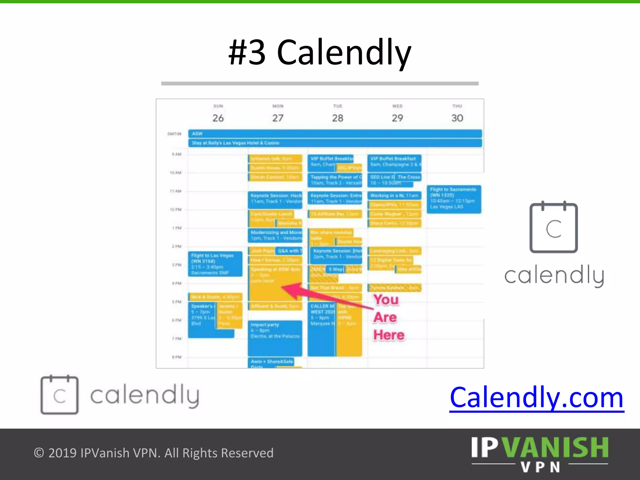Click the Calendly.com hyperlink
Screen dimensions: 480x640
click(537, 398)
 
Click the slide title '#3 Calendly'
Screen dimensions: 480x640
click(320, 52)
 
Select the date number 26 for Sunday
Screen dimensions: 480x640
click(218, 118)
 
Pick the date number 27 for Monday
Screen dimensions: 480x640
click(277, 118)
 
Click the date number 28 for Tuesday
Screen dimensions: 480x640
click(337, 118)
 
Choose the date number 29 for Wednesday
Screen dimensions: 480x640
click(397, 118)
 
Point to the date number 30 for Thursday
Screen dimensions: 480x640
click(457, 118)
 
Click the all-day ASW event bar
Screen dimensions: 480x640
click(335, 134)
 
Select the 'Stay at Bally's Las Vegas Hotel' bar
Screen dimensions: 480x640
click(335, 143)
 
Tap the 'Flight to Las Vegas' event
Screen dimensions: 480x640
click(215, 264)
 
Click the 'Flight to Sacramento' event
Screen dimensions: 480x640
click(454, 199)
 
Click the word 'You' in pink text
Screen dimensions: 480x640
click(386, 300)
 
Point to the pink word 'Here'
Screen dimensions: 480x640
click(389, 335)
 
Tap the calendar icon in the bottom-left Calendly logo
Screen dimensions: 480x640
click(59, 395)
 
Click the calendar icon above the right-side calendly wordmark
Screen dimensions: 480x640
click(553, 227)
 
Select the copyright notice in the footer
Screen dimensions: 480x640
click(153, 453)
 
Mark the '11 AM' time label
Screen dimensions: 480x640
click(175, 191)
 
